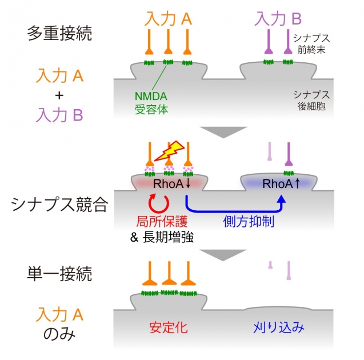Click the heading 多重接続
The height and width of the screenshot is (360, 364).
(x=59, y=33)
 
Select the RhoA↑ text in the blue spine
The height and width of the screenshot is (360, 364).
(x=280, y=184)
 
